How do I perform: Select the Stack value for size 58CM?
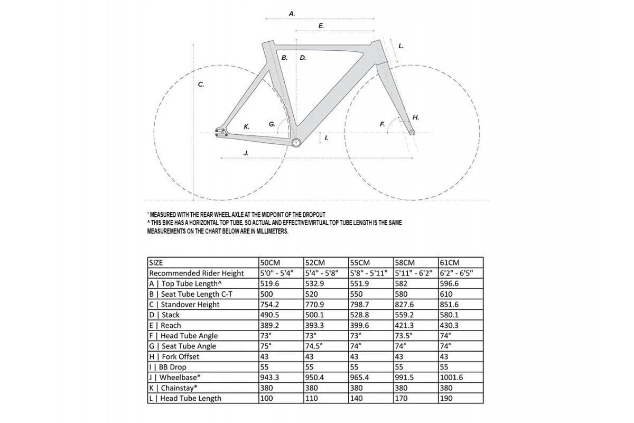[405, 315]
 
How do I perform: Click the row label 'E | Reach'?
[165, 325]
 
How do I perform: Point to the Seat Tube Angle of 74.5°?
[314, 346]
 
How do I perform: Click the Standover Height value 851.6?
[449, 305]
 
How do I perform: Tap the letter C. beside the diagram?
[201, 85]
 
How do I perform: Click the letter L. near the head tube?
[401, 46]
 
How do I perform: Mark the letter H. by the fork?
[416, 117]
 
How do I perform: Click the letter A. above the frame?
[292, 13]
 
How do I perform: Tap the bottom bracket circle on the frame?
[296, 143]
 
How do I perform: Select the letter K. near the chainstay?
[246, 127]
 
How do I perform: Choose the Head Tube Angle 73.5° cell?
[404, 336]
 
